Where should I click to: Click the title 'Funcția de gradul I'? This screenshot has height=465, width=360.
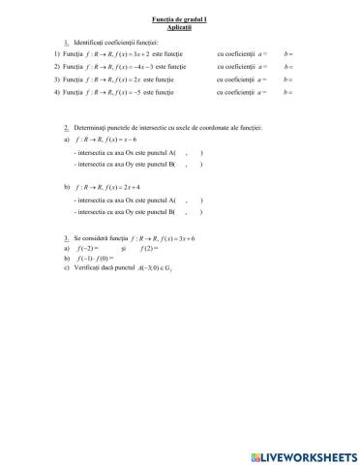point(180,19)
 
